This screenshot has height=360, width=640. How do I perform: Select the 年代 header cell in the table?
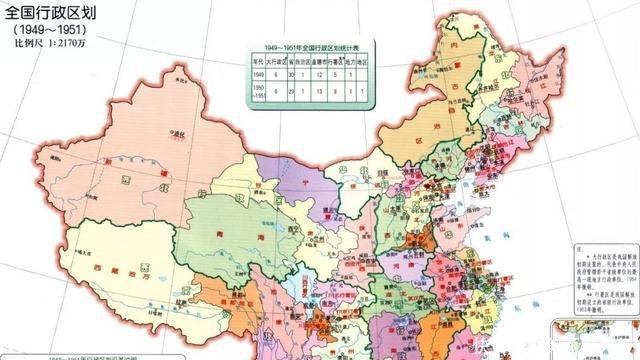click(x=256, y=61)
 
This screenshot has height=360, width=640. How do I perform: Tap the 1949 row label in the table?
click(x=256, y=74)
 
